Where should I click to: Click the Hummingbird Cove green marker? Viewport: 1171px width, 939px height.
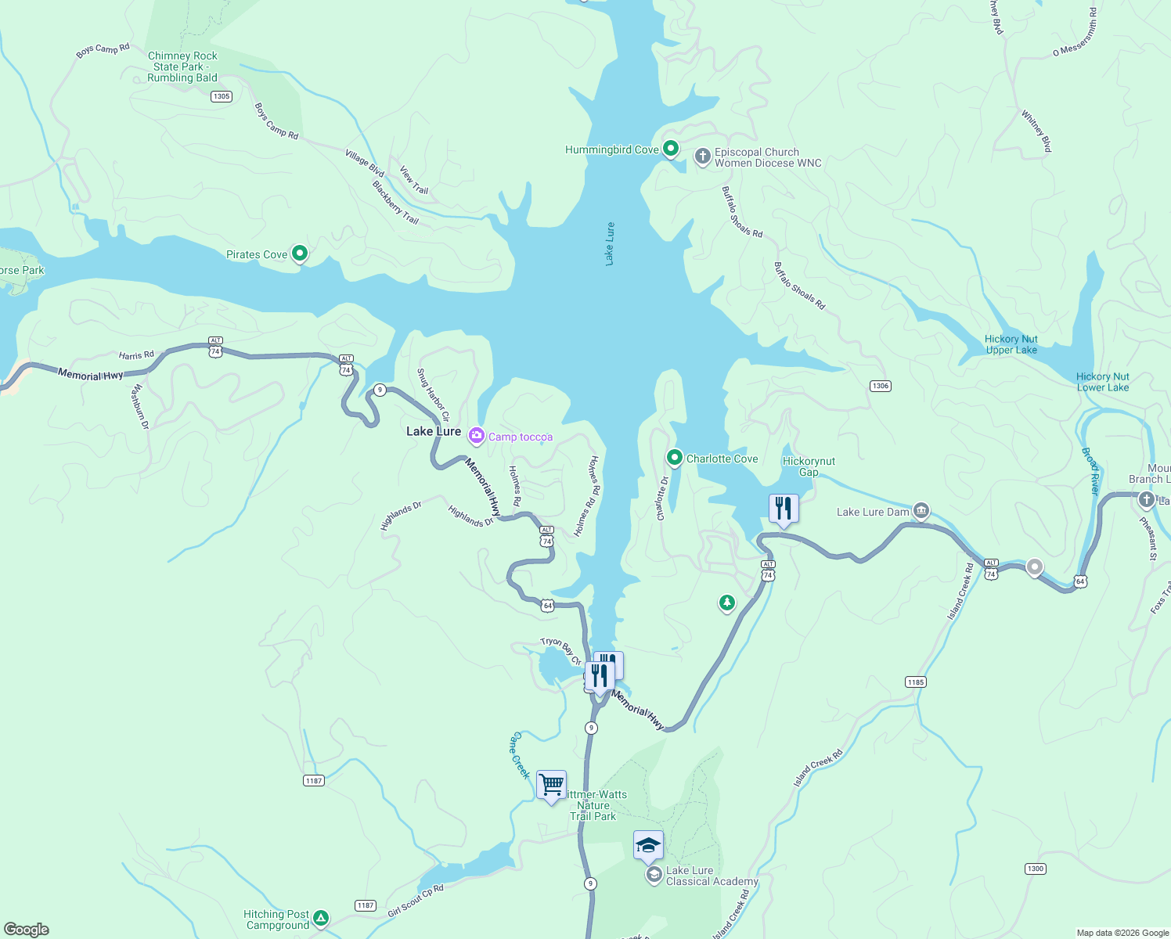click(670, 149)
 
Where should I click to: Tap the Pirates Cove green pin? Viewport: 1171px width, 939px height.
click(299, 254)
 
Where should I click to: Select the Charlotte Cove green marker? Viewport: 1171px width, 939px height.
click(674, 458)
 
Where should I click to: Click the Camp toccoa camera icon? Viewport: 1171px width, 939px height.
click(476, 436)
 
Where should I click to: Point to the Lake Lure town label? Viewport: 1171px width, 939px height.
click(434, 431)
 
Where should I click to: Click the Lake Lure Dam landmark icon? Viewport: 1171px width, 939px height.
click(921, 512)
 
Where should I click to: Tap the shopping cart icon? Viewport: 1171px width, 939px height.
click(552, 784)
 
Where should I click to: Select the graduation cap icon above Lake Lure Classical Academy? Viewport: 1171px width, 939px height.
click(648, 845)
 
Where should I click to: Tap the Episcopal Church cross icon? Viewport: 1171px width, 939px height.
click(702, 156)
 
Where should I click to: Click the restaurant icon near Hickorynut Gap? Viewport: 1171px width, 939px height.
click(784, 509)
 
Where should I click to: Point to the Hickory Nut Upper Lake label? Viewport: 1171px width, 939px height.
click(1011, 344)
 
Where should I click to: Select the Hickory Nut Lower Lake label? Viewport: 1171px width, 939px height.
click(1102, 382)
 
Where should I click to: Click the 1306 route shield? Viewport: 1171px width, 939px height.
click(881, 386)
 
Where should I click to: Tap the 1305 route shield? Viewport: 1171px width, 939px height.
click(222, 96)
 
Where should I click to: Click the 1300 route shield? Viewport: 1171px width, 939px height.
click(1035, 869)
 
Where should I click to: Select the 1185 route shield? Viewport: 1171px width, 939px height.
click(916, 682)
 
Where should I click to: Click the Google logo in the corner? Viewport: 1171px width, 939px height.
click(27, 930)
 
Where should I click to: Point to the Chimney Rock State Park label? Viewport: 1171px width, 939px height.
click(182, 67)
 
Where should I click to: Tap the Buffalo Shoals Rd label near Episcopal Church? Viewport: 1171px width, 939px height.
click(741, 211)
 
